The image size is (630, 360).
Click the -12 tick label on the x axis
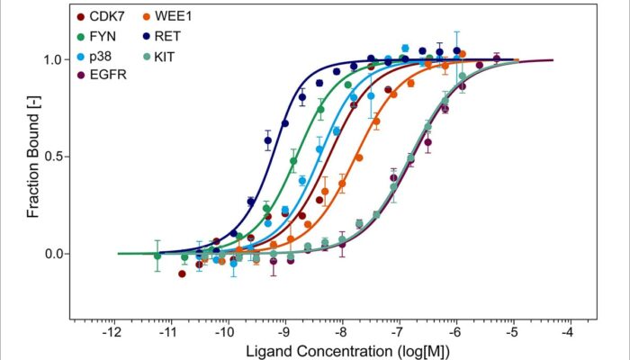pos(112,332)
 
